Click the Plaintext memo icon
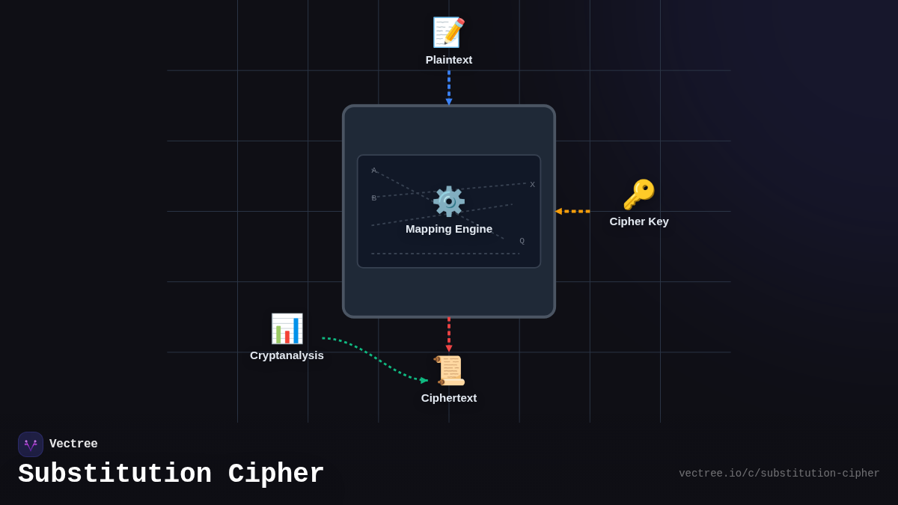point(449,32)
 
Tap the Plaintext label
point(449,60)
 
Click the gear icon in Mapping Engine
point(449,201)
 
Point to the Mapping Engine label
point(449,229)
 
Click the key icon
point(638,195)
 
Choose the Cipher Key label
point(639,221)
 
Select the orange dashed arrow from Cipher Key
point(573,212)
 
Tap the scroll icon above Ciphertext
point(449,370)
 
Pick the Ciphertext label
point(449,398)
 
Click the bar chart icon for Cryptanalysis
point(287,328)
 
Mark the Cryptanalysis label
point(287,355)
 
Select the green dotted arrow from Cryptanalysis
point(374,360)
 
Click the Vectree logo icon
point(31,444)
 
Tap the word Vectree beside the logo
point(73,444)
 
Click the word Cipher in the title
point(276,474)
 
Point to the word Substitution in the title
point(115,474)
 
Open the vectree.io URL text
point(779,474)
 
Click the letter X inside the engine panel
point(533,185)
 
